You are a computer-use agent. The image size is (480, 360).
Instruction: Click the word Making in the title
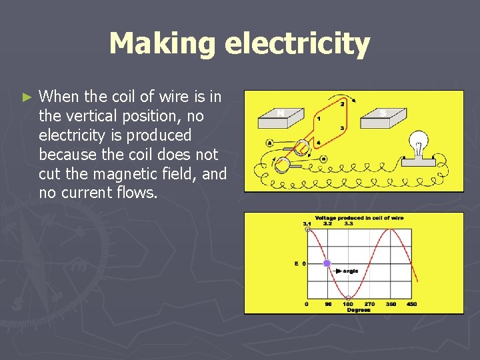[x=163, y=44]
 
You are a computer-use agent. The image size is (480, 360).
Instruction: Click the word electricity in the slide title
[x=297, y=44]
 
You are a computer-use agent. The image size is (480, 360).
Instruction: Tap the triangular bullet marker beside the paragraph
[x=27, y=97]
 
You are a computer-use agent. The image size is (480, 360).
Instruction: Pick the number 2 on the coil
[x=343, y=104]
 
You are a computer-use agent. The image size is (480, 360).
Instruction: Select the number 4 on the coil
[x=317, y=142]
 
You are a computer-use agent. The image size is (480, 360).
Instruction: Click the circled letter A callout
[x=269, y=141]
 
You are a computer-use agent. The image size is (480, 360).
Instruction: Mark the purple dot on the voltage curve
[x=327, y=263]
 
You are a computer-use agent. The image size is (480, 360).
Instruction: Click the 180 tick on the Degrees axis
[x=348, y=304]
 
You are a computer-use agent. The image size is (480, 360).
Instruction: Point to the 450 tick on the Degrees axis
[x=411, y=304]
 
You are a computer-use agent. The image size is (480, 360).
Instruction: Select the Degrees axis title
[x=358, y=310]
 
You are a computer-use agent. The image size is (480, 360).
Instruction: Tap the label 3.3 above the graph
[x=349, y=223]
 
